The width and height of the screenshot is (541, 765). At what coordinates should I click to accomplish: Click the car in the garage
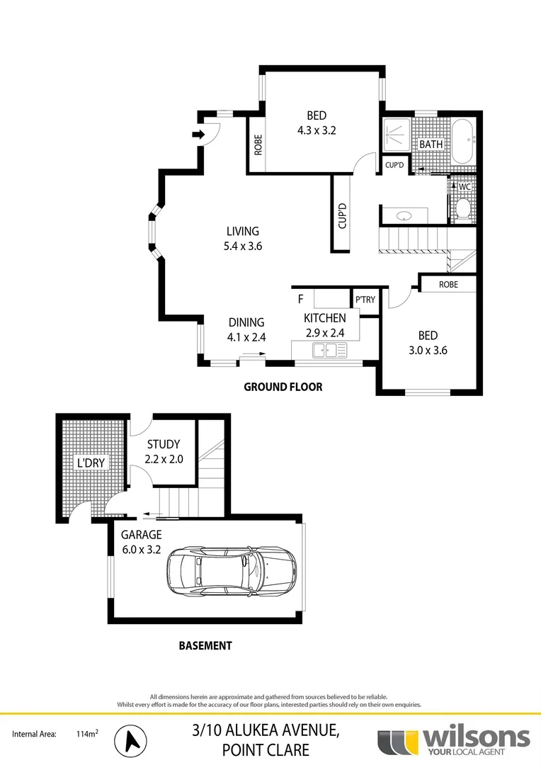pos(231,571)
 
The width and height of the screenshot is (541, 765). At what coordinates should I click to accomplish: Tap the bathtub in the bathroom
pos(465,141)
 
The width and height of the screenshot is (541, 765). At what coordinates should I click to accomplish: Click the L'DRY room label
pos(91,463)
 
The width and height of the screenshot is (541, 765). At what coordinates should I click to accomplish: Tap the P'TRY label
pos(365,300)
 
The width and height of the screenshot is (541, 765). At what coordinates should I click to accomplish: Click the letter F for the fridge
pos(300,299)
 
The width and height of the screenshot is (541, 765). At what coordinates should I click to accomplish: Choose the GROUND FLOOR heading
pos(283,387)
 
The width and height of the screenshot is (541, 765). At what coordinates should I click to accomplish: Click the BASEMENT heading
pos(205,645)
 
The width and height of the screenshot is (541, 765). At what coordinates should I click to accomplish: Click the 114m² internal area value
pos(86,735)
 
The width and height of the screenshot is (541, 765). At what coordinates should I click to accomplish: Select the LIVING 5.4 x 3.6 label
pos(243,239)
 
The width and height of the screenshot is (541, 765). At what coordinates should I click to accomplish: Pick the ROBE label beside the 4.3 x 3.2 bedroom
pos(258,145)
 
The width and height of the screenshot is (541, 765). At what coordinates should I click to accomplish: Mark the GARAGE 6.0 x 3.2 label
pos(141,542)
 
